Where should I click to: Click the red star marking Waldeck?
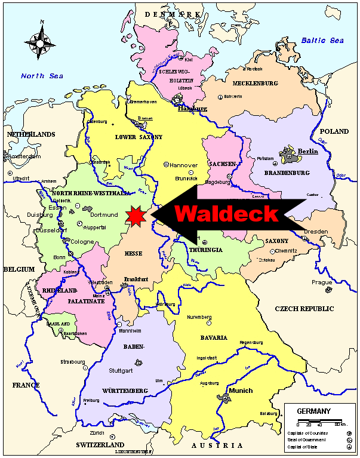click(x=137, y=216)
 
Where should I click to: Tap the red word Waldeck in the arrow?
click(x=226, y=213)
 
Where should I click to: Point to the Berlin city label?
click(x=308, y=152)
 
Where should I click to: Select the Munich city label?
click(x=241, y=391)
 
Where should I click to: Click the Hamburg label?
click(x=192, y=109)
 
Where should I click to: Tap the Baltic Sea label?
click(x=322, y=41)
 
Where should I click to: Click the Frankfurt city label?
click(x=135, y=279)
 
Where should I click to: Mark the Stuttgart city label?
click(x=121, y=370)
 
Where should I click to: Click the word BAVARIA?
click(x=214, y=338)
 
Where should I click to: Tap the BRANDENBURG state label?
click(x=288, y=173)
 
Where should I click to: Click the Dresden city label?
click(x=316, y=231)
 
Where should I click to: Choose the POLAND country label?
click(x=334, y=131)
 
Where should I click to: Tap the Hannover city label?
click(x=183, y=164)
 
